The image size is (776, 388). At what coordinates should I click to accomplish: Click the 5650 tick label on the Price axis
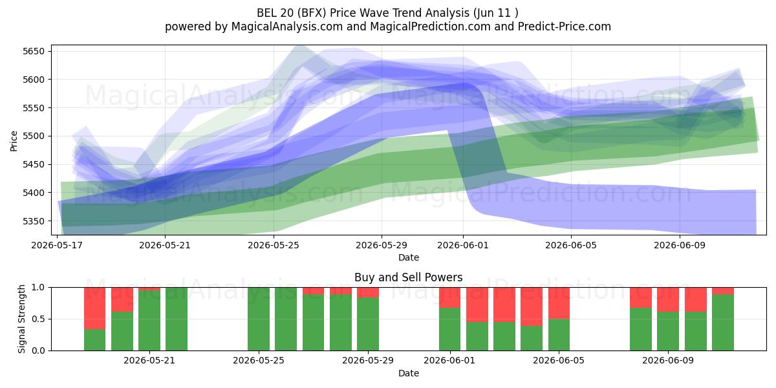(34, 51)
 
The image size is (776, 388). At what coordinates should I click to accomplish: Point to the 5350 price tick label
(34, 221)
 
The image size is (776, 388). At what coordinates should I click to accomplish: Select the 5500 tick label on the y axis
(34, 136)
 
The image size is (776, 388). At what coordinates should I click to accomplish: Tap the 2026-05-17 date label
(57, 245)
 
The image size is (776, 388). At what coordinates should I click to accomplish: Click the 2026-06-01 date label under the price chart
(463, 245)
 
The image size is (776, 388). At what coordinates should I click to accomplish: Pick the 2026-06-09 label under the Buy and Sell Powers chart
(668, 360)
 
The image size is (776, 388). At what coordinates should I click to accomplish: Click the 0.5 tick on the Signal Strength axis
(38, 319)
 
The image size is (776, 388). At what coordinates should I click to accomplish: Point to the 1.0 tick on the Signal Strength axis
(38, 287)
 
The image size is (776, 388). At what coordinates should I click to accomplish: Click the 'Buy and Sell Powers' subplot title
(409, 277)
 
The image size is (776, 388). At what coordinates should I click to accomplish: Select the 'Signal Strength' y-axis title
(21, 319)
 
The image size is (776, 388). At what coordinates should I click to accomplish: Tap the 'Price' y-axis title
(14, 141)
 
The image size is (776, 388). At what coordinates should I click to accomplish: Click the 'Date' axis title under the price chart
(409, 257)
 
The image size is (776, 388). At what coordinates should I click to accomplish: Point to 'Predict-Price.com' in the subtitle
(565, 27)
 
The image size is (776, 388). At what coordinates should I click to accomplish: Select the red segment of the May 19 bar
(95, 308)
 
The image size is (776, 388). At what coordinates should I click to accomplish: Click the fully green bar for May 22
(177, 319)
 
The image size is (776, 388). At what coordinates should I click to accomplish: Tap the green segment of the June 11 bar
(723, 322)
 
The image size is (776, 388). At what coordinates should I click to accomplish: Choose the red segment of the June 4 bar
(532, 307)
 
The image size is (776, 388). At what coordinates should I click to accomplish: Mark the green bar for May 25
(259, 319)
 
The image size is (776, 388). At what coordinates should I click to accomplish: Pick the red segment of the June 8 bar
(641, 297)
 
